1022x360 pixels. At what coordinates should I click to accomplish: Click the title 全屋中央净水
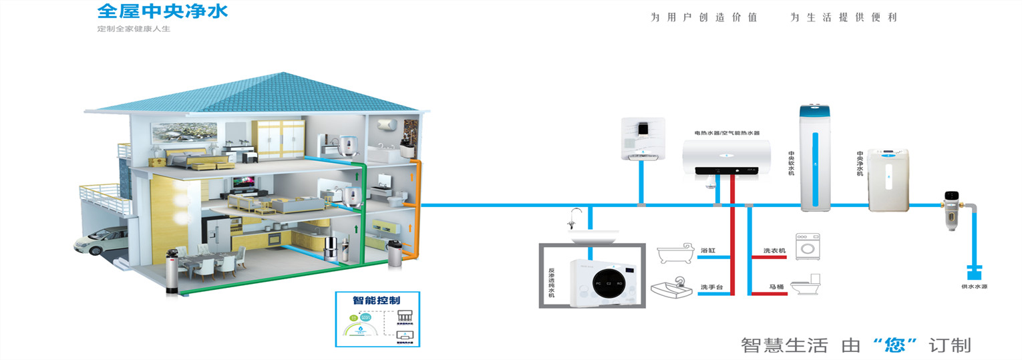coord(162,11)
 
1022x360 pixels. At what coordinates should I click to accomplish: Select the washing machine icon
coord(807,246)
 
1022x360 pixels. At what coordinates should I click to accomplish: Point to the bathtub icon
coord(676,254)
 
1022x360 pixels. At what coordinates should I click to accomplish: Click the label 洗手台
coord(711,288)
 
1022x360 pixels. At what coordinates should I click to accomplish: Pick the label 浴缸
coord(708,250)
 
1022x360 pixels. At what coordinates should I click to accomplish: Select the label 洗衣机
coord(775,251)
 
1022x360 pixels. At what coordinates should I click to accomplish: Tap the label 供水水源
coord(974,286)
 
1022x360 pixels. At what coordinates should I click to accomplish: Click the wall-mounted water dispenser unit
coord(643,139)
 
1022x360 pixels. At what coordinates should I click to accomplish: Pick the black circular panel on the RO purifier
coord(610,284)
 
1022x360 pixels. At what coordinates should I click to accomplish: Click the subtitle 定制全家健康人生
coord(134,29)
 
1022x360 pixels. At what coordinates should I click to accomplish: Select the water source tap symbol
coord(974,271)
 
